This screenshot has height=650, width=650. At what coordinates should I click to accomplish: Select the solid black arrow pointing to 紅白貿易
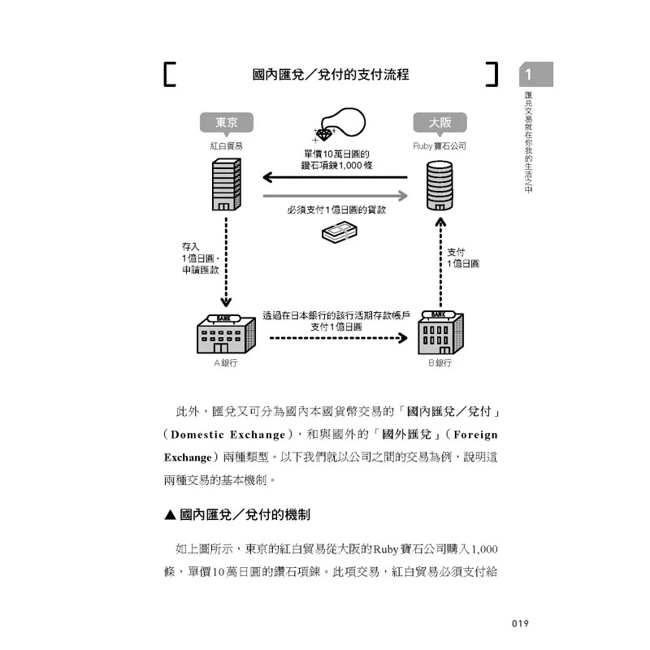coord(333,176)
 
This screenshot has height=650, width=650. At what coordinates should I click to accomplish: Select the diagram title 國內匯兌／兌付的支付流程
coord(331,76)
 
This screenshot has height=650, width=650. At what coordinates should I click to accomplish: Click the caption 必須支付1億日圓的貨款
coord(336,210)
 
